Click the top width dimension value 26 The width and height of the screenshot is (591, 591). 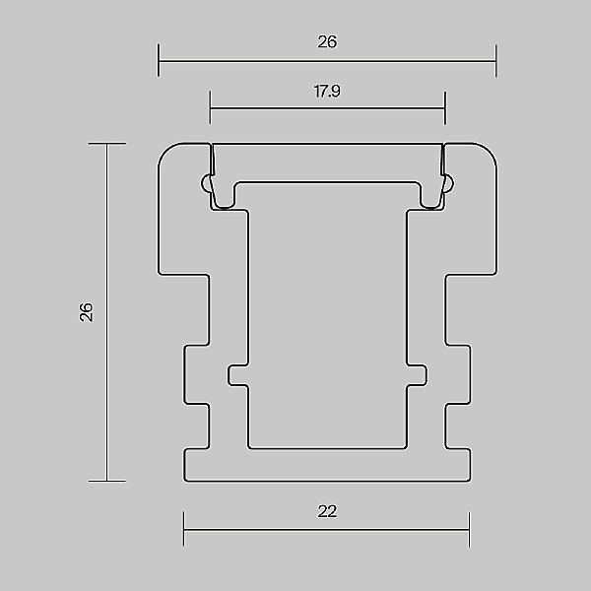(327, 41)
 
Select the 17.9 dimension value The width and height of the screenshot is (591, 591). (327, 92)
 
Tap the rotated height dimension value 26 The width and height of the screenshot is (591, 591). (87, 312)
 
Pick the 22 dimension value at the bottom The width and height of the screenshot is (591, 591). (327, 511)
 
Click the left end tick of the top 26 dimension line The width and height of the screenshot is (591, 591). (159, 60)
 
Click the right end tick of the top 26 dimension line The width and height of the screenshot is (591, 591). (496, 61)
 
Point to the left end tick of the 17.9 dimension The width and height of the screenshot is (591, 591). (211, 107)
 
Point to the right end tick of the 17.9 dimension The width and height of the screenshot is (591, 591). (445, 108)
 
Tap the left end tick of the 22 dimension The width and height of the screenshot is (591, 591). (184, 529)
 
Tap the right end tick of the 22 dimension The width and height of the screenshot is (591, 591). (469, 530)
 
